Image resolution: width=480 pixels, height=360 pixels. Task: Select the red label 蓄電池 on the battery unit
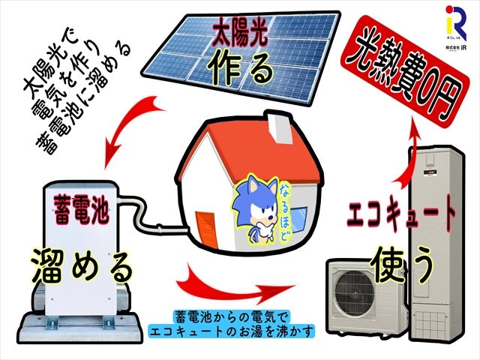point(81,209)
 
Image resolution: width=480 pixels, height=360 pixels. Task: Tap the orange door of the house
point(206,228)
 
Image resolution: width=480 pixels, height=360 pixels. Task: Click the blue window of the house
point(298,217)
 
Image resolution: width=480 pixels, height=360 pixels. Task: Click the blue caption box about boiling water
point(232,325)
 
